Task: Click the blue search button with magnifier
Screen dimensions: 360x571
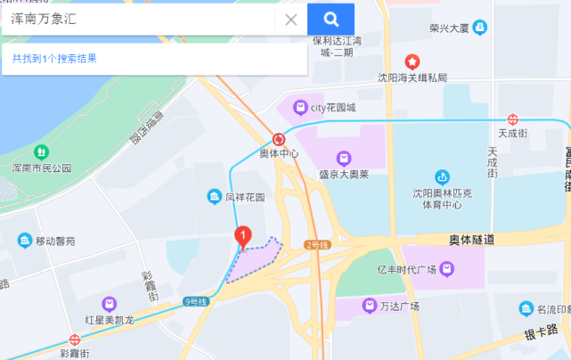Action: click(x=330, y=19)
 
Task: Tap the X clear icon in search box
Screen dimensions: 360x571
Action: click(x=290, y=20)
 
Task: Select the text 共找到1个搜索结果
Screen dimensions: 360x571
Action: click(x=54, y=59)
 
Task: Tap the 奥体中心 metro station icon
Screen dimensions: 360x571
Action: click(x=280, y=139)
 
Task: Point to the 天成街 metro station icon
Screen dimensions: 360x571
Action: click(x=513, y=119)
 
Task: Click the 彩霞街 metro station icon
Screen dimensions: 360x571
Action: click(x=75, y=340)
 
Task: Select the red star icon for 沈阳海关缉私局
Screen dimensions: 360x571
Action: click(x=412, y=62)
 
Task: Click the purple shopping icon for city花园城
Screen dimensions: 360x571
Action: click(x=301, y=108)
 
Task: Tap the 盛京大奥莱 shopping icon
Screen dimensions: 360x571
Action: click(x=344, y=159)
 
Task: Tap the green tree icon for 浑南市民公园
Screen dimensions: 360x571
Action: click(x=39, y=151)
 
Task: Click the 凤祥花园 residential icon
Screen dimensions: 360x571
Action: click(x=215, y=196)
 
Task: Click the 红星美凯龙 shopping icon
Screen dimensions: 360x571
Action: click(x=109, y=304)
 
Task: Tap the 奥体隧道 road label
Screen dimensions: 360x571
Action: click(x=471, y=240)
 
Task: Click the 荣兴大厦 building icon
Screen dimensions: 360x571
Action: click(x=480, y=28)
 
